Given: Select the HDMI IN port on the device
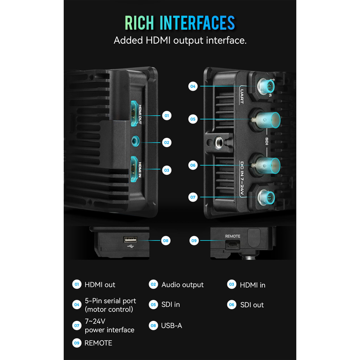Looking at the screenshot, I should tap(135, 169).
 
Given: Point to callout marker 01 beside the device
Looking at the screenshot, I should tap(166, 116).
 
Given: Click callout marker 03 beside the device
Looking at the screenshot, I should tap(166, 169).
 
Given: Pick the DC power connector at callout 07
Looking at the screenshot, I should tap(266, 196).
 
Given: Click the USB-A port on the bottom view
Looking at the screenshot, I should tap(131, 240).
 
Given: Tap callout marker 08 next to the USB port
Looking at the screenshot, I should tap(166, 240).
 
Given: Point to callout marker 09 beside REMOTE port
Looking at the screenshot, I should tap(194, 240).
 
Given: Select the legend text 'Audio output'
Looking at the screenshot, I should tap(182, 284).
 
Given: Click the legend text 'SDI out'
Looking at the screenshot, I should tap(251, 304).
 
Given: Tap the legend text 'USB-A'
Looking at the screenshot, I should tap(172, 325).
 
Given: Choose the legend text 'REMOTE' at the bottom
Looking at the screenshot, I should tap(98, 343).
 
